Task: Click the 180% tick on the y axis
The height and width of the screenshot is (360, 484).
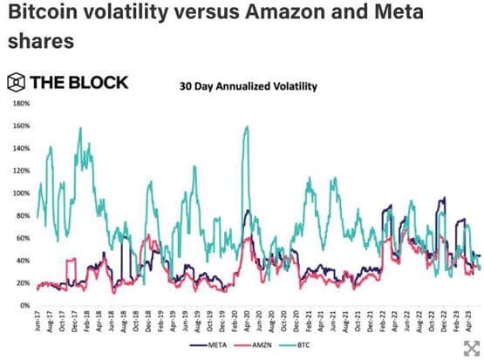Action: click(x=20, y=104)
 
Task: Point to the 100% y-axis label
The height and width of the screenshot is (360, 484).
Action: click(x=20, y=194)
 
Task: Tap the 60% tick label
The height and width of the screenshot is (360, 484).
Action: click(x=22, y=238)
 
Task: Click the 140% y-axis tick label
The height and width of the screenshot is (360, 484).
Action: click(x=20, y=148)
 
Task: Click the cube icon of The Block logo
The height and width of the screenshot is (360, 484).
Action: click(x=16, y=83)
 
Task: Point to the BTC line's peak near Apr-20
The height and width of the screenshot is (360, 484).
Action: click(x=247, y=127)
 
